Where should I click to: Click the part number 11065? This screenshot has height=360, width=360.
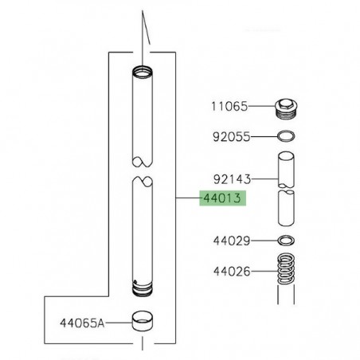229,104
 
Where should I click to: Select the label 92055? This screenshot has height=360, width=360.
229,137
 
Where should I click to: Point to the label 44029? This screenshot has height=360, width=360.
229,240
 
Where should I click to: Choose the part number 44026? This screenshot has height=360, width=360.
229,272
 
